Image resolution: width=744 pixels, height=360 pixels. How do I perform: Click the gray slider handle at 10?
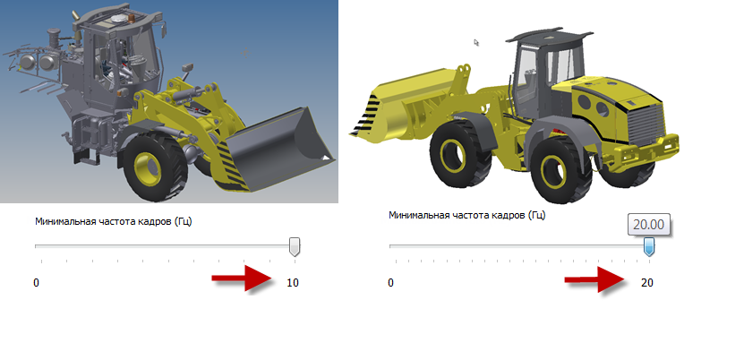click(x=295, y=247)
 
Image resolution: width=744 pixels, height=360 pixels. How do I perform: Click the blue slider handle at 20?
click(x=648, y=247)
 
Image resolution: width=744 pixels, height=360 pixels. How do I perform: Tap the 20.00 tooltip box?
click(x=648, y=225)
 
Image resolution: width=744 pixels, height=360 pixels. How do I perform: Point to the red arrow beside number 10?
click(x=243, y=278)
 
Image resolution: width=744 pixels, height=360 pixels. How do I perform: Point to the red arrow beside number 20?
click(x=596, y=279)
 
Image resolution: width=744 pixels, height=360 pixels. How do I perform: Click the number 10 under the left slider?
click(x=293, y=283)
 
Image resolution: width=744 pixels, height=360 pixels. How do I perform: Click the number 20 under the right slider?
click(x=647, y=283)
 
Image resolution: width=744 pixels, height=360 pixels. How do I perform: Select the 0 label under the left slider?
click(x=36, y=283)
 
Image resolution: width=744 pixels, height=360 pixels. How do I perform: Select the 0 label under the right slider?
click(x=390, y=283)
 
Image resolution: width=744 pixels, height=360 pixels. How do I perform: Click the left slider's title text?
click(x=114, y=221)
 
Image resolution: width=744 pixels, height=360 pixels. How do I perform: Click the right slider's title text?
click(x=467, y=215)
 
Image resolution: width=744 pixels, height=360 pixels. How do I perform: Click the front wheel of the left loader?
click(x=152, y=166)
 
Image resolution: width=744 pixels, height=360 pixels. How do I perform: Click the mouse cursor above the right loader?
click(x=476, y=42)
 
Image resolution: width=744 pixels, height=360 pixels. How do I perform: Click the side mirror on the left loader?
click(x=187, y=69)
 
